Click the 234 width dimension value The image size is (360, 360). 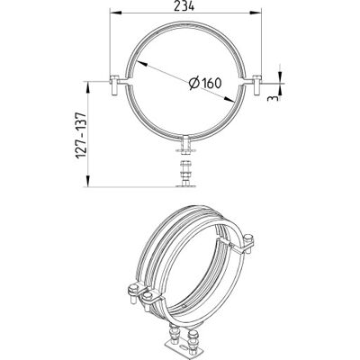coord(184,5)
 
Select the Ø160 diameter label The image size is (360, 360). coord(205,83)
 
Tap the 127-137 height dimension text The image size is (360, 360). coord(81,136)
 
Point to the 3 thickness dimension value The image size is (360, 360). coord(274,98)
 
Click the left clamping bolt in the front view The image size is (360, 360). coord(114,85)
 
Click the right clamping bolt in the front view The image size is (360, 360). coord(256,85)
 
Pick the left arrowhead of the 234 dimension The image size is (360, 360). coord(116,13)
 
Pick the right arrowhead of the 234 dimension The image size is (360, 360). coord(256,13)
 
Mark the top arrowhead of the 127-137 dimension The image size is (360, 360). coord(88,87)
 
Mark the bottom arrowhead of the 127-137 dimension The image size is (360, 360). coord(88,181)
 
